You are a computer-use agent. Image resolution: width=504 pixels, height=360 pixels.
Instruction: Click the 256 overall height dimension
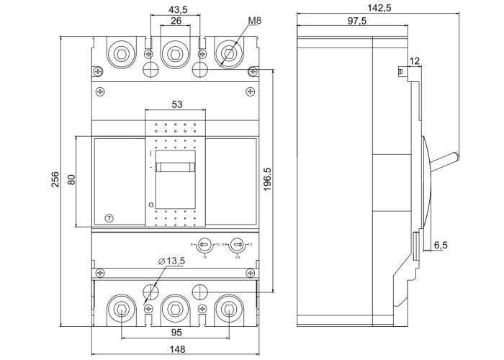pyautogui.click(x=55, y=181)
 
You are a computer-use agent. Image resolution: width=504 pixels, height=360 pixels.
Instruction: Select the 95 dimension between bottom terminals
pyautogui.click(x=176, y=333)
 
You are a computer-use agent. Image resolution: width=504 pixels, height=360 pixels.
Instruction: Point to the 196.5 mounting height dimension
pyautogui.click(x=267, y=181)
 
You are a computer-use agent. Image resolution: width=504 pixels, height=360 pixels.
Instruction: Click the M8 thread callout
pyautogui.click(x=253, y=21)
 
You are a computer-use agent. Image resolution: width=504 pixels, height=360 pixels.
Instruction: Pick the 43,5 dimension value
pyautogui.click(x=176, y=9)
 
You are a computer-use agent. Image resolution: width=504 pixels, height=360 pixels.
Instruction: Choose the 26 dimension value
pyautogui.click(x=176, y=22)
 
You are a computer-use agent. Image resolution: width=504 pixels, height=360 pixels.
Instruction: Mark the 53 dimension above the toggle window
pyautogui.click(x=176, y=104)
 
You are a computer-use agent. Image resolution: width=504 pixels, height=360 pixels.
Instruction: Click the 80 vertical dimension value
pyautogui.click(x=71, y=180)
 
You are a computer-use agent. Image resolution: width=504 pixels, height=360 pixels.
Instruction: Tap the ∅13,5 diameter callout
pyautogui.click(x=171, y=260)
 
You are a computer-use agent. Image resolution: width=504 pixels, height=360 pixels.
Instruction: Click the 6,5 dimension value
pyautogui.click(x=441, y=245)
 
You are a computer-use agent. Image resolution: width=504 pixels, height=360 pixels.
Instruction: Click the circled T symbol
pyautogui.click(x=109, y=218)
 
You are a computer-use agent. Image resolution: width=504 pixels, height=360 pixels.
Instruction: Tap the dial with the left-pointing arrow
pyautogui.click(x=204, y=244)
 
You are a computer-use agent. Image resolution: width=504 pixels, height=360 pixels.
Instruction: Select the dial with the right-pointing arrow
pyautogui.click(x=238, y=244)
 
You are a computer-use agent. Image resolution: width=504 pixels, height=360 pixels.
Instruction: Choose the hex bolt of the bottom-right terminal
pyautogui.click(x=229, y=310)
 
